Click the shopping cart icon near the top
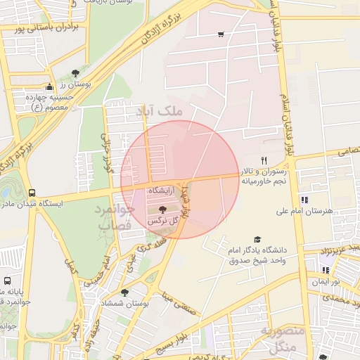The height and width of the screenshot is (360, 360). [x=221, y=34]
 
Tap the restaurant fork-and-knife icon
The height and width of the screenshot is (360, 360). [x=264, y=160]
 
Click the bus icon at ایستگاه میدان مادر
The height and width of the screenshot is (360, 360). [x=32, y=193]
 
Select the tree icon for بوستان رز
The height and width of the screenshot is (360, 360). [x=75, y=72]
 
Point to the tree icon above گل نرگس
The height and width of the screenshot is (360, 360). [x=162, y=210]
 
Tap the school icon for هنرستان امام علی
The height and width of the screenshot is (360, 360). [x=304, y=200]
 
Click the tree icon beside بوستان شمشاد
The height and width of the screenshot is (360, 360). [x=124, y=292]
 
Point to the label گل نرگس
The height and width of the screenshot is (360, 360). [x=162, y=221]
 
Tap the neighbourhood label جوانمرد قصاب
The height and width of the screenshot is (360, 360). [x=112, y=217]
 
